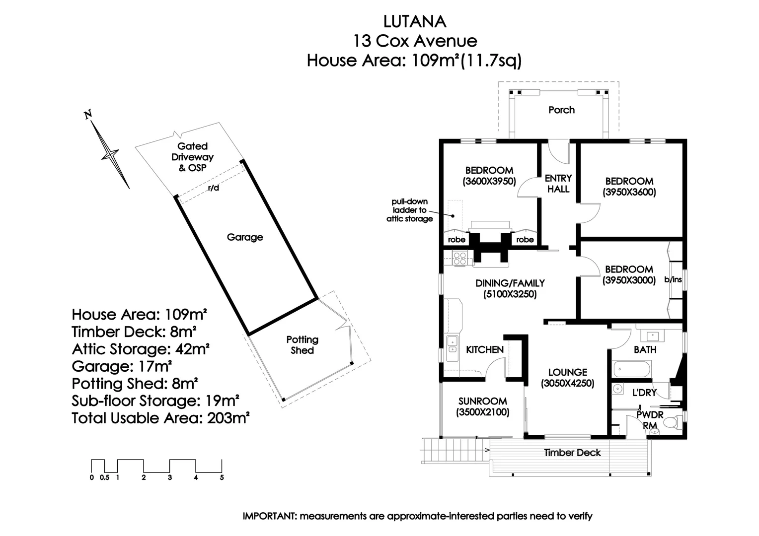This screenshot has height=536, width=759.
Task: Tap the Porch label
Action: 561,110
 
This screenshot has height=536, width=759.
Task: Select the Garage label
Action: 245,237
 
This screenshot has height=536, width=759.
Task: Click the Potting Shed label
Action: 302,345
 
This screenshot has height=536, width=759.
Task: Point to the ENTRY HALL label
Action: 558,183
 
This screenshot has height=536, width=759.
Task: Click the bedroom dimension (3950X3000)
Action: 629,280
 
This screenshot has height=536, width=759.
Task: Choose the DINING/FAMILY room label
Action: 510,283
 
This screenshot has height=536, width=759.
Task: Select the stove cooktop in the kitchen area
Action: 459,258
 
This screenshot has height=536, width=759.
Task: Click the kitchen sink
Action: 452,344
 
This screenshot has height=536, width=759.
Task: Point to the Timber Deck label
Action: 572,453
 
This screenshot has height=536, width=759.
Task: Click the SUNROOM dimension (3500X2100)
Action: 483,412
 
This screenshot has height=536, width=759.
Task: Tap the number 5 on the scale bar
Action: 222,477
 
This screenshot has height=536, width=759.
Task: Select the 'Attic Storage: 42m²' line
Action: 140,349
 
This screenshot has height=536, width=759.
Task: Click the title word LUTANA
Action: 415,21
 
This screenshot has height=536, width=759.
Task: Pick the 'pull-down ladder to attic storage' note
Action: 409,210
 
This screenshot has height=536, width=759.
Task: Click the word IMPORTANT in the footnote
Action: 269,516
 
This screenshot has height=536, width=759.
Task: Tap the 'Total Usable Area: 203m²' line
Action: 160,418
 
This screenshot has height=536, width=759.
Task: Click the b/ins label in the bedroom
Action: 673,280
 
